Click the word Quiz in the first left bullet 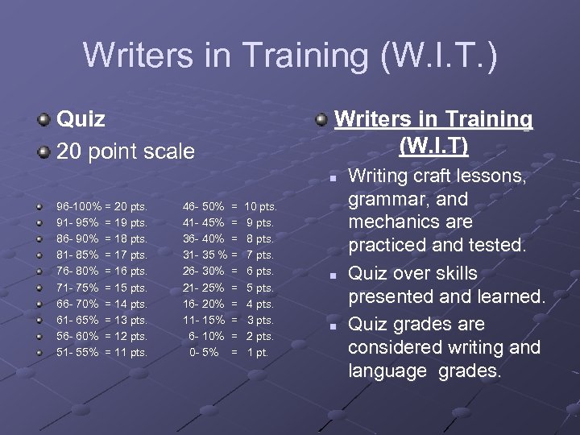coord(81,119)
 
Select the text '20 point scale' coord(125,151)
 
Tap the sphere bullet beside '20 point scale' coord(43,151)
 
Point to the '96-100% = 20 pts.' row coord(101,206)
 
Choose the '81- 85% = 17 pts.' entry coord(101,255)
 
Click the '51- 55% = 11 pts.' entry coord(101,352)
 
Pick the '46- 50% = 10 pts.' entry coord(230,206)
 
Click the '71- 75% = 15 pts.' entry coord(101,288)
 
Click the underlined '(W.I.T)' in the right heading coord(433,146)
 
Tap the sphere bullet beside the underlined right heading coord(321,120)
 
